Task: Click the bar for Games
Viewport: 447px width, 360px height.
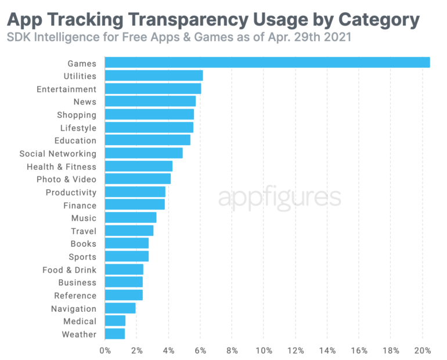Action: pos(267,63)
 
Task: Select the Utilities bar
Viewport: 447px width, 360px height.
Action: pos(154,75)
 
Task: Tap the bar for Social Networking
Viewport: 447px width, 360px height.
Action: pos(144,153)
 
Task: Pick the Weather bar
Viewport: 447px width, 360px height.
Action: pos(115,334)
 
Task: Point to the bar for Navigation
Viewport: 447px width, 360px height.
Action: pos(120,308)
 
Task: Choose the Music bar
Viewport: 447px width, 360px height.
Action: pos(131,218)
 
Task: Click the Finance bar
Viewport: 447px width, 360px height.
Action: pos(135,205)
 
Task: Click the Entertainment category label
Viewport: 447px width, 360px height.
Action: pos(66,89)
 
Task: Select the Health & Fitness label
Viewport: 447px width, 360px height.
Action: pos(62,167)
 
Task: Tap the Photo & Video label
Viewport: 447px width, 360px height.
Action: pos(66,179)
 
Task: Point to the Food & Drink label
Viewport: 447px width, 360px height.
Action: pos(69,270)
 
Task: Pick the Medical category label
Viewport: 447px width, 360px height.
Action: pos(80,321)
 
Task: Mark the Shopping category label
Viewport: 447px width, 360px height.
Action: pos(77,115)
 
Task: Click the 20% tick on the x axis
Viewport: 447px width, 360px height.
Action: pos(422,351)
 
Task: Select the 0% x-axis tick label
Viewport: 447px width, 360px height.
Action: pos(105,351)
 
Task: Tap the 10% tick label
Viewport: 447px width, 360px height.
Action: pos(264,351)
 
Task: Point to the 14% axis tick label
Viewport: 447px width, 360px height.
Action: pos(327,351)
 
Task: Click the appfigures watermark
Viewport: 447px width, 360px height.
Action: pos(279,198)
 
